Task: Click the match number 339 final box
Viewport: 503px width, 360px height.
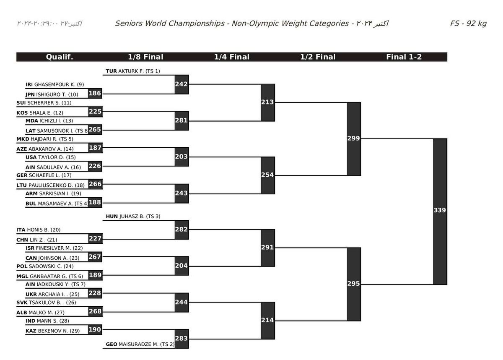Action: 440,211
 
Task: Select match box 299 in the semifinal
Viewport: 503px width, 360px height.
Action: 354,138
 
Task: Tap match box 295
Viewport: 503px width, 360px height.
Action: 354,284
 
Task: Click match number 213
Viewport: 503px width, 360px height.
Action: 267,102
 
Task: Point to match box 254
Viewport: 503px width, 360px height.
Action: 267,175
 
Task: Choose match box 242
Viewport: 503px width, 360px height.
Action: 181,84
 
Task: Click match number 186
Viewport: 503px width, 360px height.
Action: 95,94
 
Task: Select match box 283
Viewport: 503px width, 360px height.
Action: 181,339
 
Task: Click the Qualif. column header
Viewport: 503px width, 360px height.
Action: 60,57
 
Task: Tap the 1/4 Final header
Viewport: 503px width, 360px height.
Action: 232,57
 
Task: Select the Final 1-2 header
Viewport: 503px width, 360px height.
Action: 404,57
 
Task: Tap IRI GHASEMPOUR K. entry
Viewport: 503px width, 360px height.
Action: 55,84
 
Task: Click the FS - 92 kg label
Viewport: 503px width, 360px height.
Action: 468,23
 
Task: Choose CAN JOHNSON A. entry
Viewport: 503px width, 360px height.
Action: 53,258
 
